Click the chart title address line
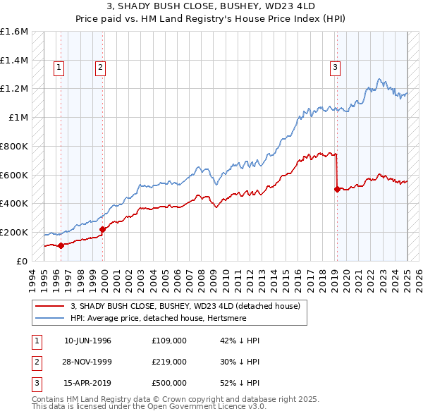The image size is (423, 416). point(211,6)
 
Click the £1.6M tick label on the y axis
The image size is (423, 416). point(14,32)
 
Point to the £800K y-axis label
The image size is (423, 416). point(13,146)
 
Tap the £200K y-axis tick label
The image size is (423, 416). point(13,232)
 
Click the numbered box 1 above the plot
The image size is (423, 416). point(59,68)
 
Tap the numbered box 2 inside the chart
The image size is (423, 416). point(101,68)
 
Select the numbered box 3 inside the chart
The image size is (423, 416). point(335,68)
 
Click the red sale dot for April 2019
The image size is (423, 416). point(337,189)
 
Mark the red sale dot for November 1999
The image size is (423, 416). point(103,229)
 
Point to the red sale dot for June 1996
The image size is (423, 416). point(61,245)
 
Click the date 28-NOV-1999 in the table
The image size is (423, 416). point(87,362)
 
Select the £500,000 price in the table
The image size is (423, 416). point(169,383)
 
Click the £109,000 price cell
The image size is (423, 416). point(169,341)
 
